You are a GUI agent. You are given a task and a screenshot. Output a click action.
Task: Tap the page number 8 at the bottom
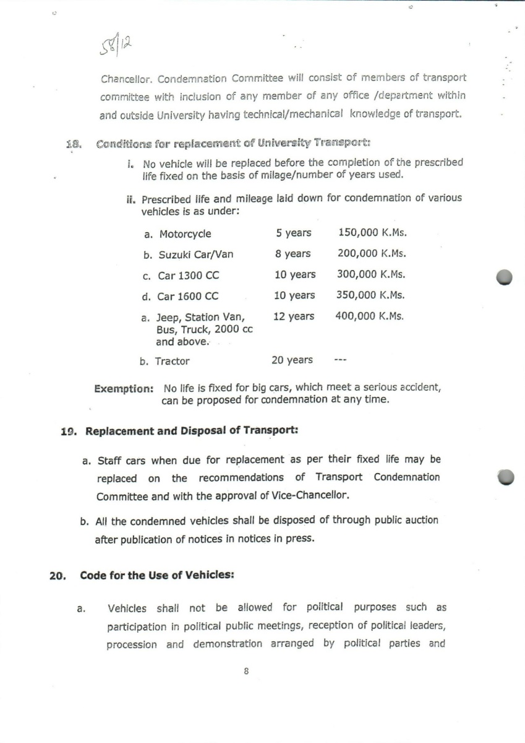(x=246, y=671)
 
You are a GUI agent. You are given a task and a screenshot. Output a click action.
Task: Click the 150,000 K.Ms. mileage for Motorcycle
(x=372, y=233)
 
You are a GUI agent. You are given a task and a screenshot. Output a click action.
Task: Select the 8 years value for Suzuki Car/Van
(x=293, y=253)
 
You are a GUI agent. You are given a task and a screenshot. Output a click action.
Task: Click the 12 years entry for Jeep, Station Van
(x=294, y=316)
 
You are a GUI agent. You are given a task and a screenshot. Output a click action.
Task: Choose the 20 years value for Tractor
(x=292, y=360)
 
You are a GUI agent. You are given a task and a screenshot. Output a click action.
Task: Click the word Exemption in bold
(x=123, y=389)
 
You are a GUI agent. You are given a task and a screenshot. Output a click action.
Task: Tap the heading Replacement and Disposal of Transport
(x=192, y=431)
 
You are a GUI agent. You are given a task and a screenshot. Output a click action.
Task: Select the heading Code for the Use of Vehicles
(x=156, y=575)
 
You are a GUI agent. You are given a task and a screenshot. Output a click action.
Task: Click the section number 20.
(x=58, y=575)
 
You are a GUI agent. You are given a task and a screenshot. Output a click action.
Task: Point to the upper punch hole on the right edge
(x=504, y=277)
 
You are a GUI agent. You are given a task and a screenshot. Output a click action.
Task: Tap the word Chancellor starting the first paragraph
(x=126, y=79)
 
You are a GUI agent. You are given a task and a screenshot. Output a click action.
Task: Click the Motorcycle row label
(x=185, y=234)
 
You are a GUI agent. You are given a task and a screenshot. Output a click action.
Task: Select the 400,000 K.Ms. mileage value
(x=370, y=316)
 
